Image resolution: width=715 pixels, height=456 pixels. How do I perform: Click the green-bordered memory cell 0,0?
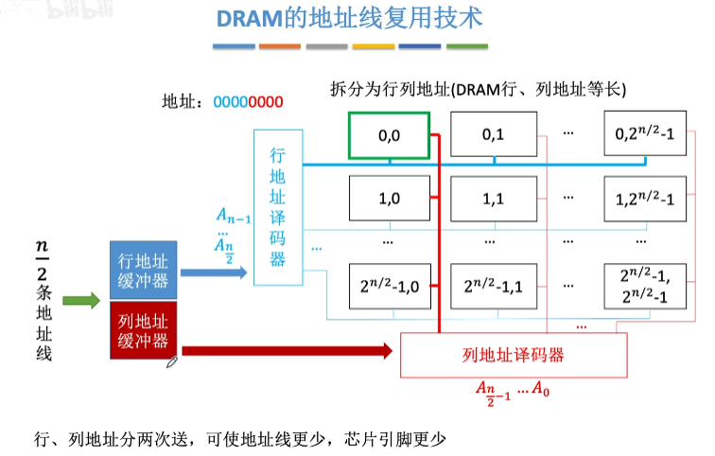pyautogui.click(x=389, y=134)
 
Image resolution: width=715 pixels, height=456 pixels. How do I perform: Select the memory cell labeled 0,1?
pyautogui.click(x=493, y=134)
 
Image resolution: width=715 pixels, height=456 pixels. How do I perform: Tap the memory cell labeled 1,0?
pyautogui.click(x=389, y=200)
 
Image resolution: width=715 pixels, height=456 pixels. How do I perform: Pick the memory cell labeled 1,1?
pyautogui.click(x=493, y=200)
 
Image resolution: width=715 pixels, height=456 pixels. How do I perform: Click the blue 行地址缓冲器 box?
pyautogui.click(x=143, y=268)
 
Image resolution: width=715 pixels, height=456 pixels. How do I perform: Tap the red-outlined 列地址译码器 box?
pyautogui.click(x=514, y=355)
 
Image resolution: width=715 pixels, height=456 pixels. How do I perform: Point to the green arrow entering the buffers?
pyautogui.click(x=81, y=302)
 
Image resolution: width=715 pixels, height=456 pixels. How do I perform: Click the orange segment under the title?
pyautogui.click(x=280, y=45)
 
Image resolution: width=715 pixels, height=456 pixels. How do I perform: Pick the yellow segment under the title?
pyautogui.click(x=374, y=45)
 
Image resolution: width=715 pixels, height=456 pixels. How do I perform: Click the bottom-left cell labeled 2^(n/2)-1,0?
pyautogui.click(x=389, y=284)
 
